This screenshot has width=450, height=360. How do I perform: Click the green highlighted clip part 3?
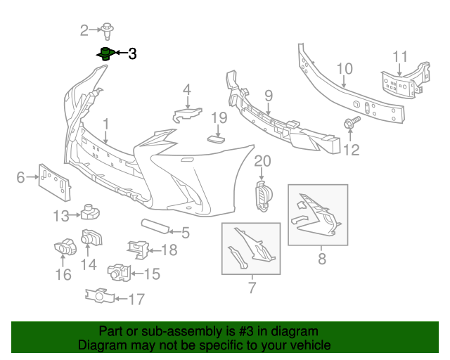coord(105,53)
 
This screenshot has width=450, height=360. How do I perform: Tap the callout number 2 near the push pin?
coord(84,30)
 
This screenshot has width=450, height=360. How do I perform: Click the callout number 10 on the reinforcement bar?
coord(344,69)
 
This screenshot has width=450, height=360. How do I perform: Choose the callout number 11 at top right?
coord(399,56)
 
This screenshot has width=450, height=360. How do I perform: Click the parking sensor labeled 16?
coord(65,247)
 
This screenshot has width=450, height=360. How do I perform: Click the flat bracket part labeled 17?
coord(99,297)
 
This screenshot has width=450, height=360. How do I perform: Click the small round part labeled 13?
coord(90,210)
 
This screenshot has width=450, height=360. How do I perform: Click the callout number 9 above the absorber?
coord(268,94)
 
